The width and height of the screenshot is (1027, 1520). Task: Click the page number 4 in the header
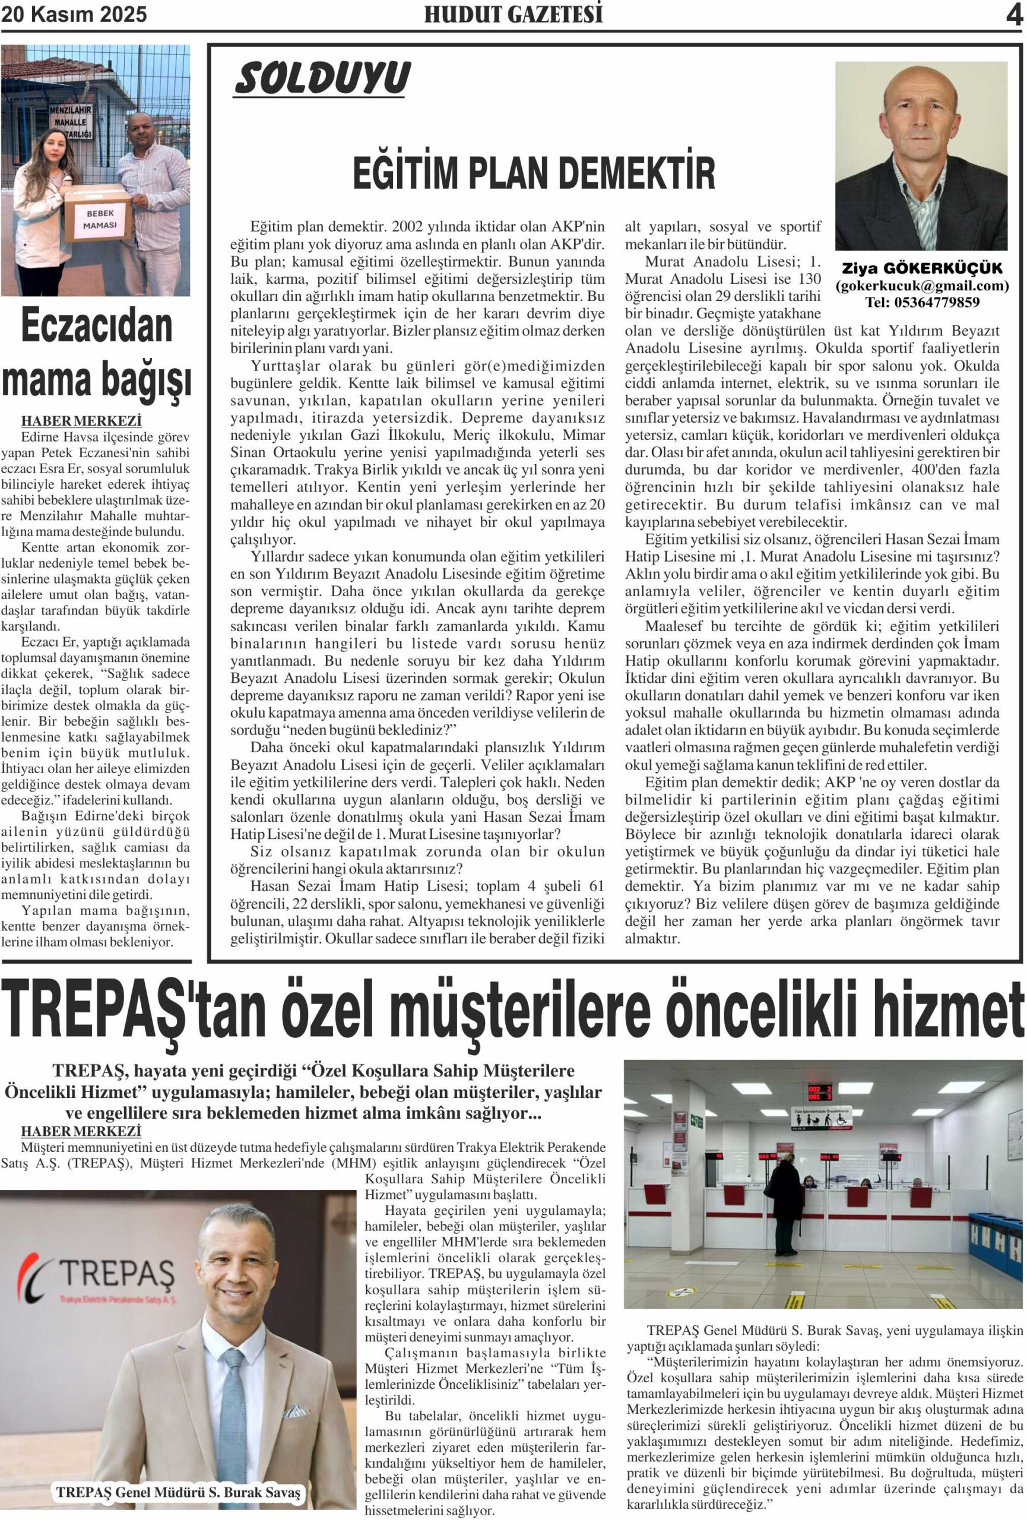click(1013, 14)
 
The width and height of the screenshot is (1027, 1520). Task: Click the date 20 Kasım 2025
click(74, 14)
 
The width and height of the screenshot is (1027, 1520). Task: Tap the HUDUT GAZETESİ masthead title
click(513, 14)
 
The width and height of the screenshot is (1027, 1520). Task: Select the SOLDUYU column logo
click(322, 78)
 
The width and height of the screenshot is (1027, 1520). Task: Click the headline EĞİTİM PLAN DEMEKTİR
click(534, 173)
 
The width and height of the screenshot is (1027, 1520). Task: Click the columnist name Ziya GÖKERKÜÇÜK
click(921, 269)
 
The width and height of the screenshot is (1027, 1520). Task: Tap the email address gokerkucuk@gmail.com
click(922, 286)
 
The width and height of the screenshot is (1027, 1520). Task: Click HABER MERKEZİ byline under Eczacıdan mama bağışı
click(81, 421)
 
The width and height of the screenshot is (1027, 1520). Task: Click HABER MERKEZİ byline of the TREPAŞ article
click(81, 1131)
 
